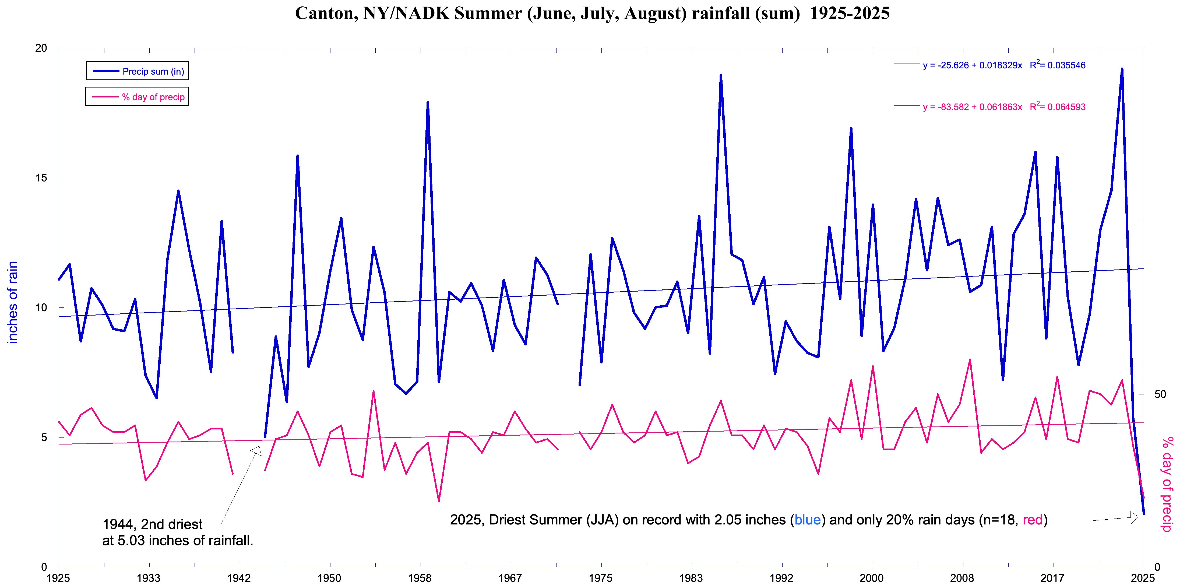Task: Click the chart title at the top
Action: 592,13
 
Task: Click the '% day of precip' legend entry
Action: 138,97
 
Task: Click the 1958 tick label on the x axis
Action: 420,578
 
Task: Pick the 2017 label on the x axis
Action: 1052,578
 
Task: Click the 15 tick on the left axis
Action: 41,178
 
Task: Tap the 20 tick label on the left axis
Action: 41,48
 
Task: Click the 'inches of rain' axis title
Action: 13,302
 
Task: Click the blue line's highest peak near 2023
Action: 1122,69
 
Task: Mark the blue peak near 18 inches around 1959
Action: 428,102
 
